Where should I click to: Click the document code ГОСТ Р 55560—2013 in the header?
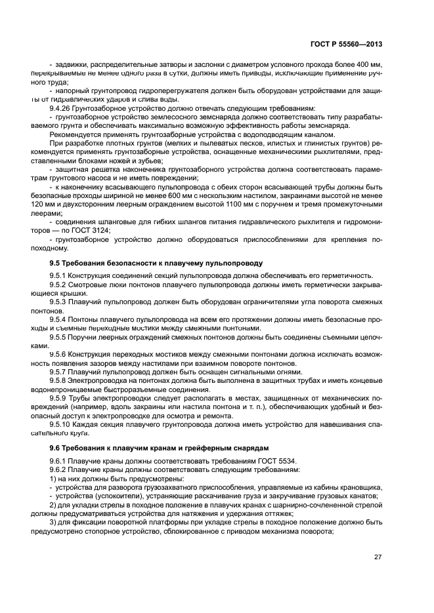click(x=346, y=44)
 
